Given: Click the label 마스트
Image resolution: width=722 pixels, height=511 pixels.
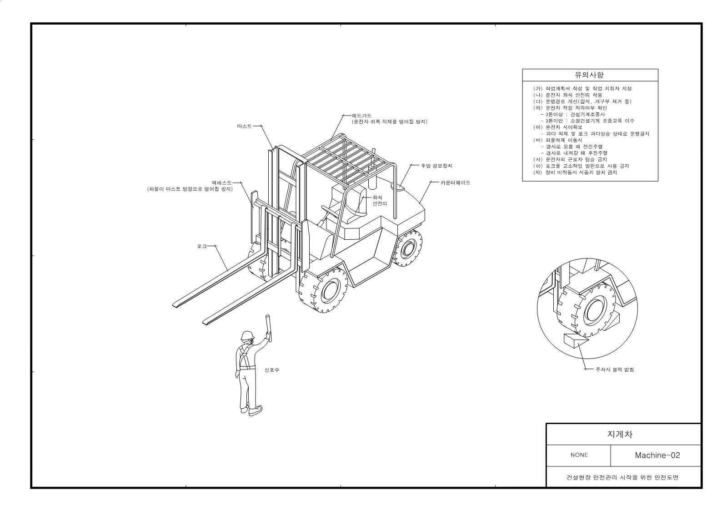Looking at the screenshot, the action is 244,126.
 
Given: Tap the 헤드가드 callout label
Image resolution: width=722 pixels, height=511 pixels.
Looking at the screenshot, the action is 361,116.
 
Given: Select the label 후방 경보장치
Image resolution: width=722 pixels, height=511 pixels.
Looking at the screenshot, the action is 436,166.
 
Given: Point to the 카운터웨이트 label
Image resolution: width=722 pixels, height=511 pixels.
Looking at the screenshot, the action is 456,182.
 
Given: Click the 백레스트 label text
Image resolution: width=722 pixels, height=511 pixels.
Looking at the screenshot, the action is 222,183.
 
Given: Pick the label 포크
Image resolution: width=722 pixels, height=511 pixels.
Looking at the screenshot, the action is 202,246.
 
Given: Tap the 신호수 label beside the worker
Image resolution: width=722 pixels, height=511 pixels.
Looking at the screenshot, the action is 272,369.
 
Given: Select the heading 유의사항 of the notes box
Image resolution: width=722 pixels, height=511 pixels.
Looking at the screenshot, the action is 589,75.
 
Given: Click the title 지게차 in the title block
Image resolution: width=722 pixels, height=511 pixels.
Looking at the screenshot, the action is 620,434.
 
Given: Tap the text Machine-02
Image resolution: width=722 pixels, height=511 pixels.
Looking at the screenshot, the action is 657,455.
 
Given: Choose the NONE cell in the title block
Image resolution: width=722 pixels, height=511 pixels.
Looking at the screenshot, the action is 579,455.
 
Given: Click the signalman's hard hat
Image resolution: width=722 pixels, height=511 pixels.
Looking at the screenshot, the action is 247,335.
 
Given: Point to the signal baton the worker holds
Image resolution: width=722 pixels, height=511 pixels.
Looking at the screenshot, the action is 269,328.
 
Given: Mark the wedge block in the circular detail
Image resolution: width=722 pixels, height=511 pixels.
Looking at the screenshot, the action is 576,341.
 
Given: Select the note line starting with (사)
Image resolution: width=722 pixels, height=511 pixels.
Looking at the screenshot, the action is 570,159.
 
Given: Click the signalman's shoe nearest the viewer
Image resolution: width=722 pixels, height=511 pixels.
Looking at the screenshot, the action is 255,411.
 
